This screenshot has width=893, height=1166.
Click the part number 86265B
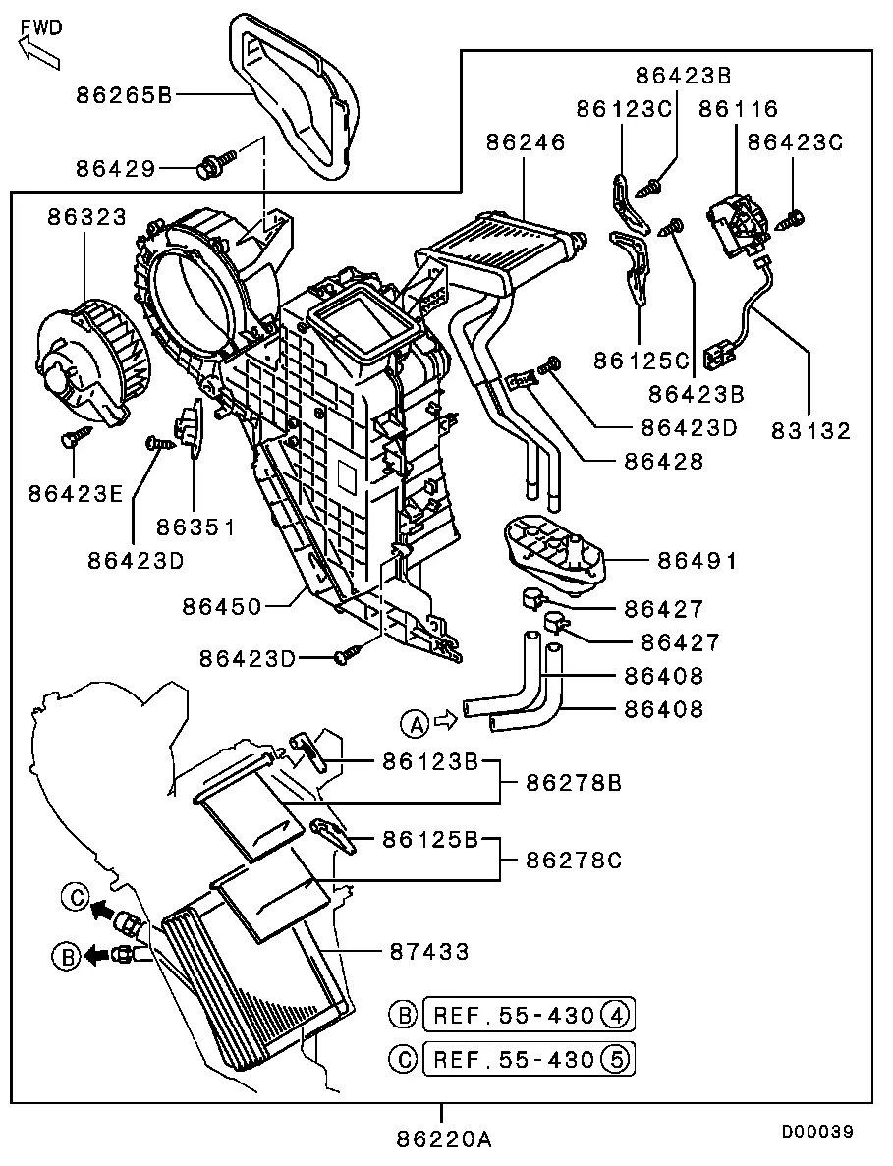pos(124,95)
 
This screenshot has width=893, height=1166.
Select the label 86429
pos(115,169)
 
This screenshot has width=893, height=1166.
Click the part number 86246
pos(526,142)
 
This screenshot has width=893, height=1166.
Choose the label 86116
pos(738,109)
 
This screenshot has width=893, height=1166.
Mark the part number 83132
pos(809,430)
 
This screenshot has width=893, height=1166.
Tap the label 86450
pos(221,606)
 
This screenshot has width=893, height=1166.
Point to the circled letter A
pos(415,725)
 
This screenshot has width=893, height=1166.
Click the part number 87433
pos(428,951)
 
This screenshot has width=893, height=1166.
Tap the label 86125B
pos(429,840)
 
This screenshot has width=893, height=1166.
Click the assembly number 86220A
pos(443,1139)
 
